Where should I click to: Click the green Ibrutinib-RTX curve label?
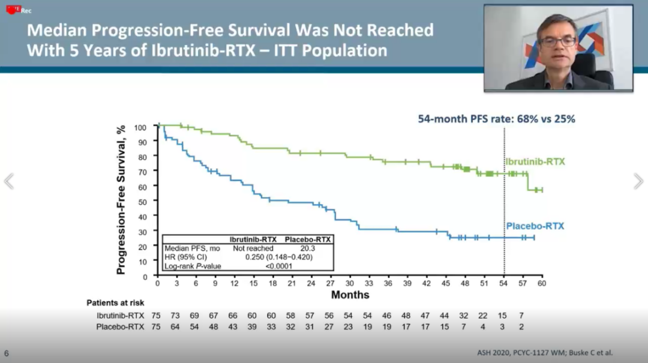(535, 162)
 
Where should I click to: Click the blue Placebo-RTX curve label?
(535, 226)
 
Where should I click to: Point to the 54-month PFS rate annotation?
(496, 119)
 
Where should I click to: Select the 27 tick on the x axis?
(330, 284)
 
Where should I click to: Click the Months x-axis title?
(350, 295)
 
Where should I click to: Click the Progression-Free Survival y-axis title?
(122, 200)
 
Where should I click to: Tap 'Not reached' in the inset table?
(253, 248)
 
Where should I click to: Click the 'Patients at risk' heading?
(115, 303)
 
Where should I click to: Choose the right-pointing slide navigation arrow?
(638, 181)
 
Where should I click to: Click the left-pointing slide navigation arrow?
(8, 181)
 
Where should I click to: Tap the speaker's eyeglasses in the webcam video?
(557, 42)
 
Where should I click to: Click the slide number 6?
(7, 353)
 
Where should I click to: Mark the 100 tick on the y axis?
(140, 127)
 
